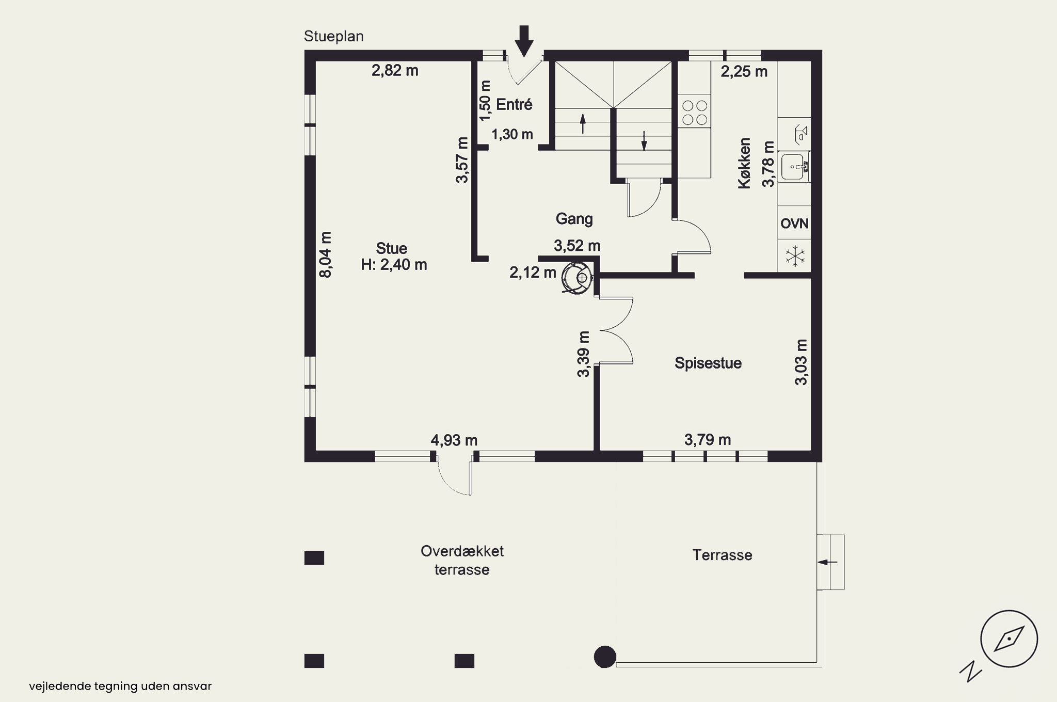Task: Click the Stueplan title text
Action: [x=333, y=37]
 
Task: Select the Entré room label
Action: [x=514, y=105]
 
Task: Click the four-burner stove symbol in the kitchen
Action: [x=694, y=113]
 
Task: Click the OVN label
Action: [x=794, y=224]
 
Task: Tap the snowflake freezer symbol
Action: [x=795, y=256]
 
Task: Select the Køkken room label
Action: [x=744, y=163]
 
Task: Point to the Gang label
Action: [x=574, y=219]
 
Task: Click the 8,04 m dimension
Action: [x=325, y=254]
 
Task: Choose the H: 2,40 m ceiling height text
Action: [x=394, y=265]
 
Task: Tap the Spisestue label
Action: [x=708, y=363]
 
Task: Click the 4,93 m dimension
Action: [x=454, y=440]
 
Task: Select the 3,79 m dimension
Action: [x=708, y=440]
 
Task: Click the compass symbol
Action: [x=1008, y=639]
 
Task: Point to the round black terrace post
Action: [x=605, y=657]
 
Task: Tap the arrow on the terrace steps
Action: [x=828, y=562]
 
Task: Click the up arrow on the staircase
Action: [x=583, y=124]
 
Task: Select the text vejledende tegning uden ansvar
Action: [x=120, y=687]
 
